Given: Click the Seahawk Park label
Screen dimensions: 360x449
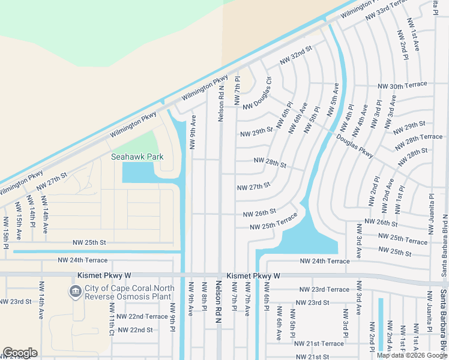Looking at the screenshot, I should coord(137,157).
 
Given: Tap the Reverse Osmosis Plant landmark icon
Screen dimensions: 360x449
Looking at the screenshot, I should coord(76,292).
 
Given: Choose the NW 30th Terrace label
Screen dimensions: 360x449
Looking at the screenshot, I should coord(402,86).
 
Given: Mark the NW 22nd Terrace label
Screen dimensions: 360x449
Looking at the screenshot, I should coord(142,316).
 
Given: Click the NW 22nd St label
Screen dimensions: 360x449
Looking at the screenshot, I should coord(135,329).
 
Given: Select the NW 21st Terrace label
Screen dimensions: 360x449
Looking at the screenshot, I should coord(319,343).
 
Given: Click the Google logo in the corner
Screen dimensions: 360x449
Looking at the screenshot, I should coord(20,353).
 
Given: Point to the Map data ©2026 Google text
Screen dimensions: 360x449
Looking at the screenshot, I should coord(412,355).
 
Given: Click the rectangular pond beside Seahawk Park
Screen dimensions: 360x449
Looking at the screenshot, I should coord(137,173).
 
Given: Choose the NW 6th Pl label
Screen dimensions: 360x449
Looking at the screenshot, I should coord(284,115).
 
